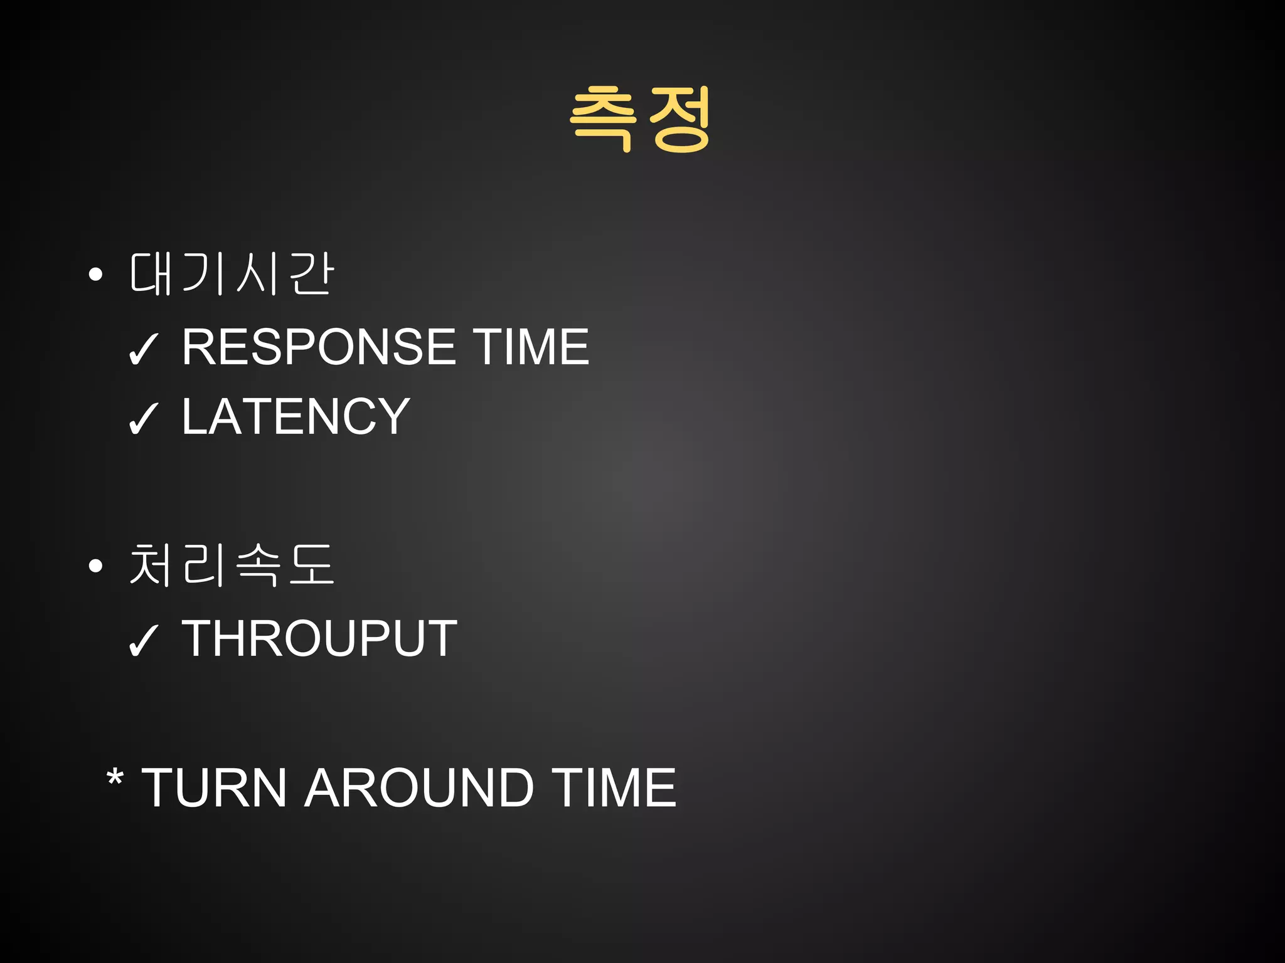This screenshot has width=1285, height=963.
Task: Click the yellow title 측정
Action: (x=641, y=119)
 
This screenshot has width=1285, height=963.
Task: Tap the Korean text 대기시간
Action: (x=231, y=274)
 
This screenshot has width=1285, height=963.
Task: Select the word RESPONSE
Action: (x=319, y=347)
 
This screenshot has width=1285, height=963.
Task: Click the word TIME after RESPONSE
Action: (x=531, y=347)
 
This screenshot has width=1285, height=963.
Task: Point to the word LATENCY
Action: (x=296, y=416)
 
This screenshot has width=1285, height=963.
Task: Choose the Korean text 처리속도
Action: (x=231, y=565)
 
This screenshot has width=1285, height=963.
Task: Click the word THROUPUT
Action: (x=319, y=639)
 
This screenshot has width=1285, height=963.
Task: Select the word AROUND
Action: (x=419, y=788)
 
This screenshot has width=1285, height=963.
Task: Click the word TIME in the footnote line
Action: (x=614, y=788)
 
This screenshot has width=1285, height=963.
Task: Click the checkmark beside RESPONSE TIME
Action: (x=143, y=350)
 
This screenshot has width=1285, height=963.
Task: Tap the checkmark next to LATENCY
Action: (x=143, y=419)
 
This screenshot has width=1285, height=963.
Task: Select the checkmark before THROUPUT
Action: (x=143, y=641)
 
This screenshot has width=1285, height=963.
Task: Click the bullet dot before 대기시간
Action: (x=95, y=274)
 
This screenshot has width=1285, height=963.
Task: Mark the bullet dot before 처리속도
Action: (x=95, y=566)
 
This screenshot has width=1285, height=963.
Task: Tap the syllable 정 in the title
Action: (x=680, y=119)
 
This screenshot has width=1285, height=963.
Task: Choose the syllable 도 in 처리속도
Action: (x=312, y=565)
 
